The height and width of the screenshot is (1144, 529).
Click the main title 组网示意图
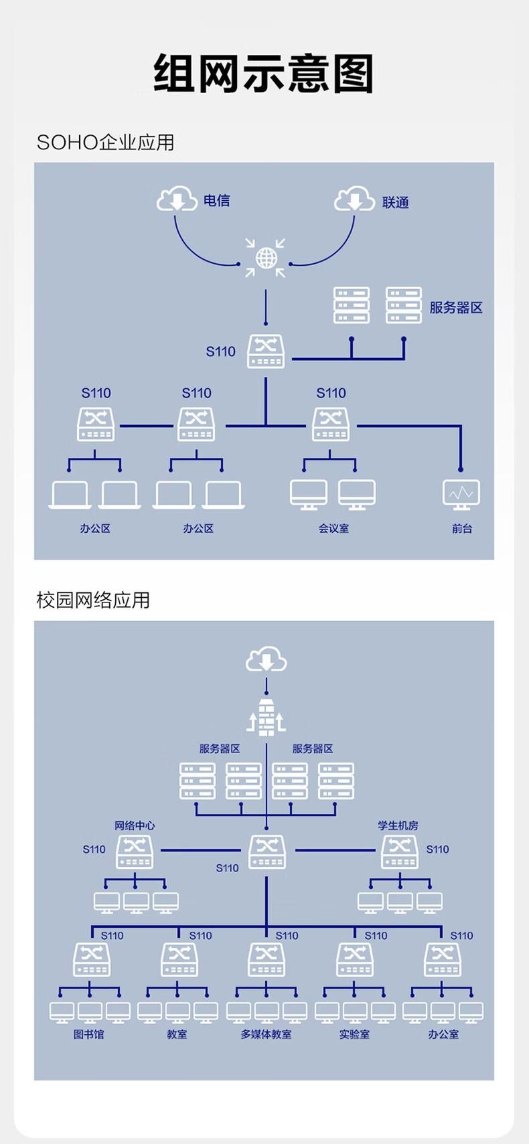pyautogui.click(x=264, y=74)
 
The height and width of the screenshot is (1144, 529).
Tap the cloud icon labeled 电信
pyautogui.click(x=177, y=199)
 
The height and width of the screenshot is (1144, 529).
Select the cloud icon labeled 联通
pyautogui.click(x=354, y=199)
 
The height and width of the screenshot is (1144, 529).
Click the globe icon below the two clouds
pyautogui.click(x=266, y=258)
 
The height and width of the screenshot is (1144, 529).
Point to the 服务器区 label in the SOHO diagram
pyautogui.click(x=455, y=307)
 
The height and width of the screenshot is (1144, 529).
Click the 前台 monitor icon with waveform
pyautogui.click(x=461, y=494)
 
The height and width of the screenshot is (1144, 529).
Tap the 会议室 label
pyautogui.click(x=333, y=528)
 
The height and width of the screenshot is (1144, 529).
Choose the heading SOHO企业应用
pyautogui.click(x=105, y=143)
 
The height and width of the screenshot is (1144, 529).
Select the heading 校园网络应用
pyautogui.click(x=93, y=600)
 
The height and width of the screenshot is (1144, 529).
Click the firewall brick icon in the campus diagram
pyautogui.click(x=267, y=717)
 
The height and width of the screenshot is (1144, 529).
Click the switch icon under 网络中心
pyautogui.click(x=135, y=852)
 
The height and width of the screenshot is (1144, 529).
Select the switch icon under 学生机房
pyautogui.click(x=400, y=852)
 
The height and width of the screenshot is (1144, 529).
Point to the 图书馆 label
pyautogui.click(x=88, y=1034)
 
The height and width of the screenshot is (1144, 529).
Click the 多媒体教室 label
pyautogui.click(x=266, y=1034)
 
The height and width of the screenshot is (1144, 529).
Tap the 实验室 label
pyautogui.click(x=354, y=1034)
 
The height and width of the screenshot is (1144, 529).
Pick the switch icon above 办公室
pyautogui.click(x=443, y=959)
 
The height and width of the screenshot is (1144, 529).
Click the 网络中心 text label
pyautogui.click(x=135, y=825)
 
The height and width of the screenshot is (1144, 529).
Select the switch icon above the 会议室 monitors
pyautogui.click(x=331, y=424)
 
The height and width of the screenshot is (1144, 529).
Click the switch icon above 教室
pyautogui.click(x=179, y=959)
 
